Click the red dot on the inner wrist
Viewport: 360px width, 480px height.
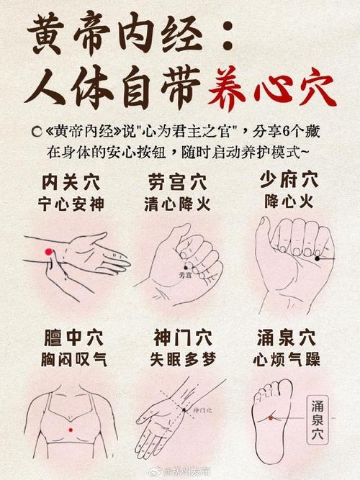[49, 251]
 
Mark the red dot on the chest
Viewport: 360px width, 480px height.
[71, 430]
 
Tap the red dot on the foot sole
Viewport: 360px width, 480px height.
[271, 417]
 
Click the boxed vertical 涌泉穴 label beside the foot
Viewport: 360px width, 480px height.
[318, 422]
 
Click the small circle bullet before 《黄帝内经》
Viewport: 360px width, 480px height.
[34, 131]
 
